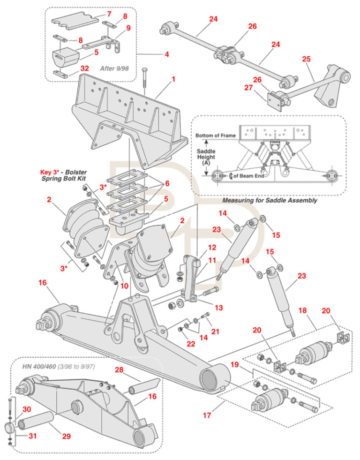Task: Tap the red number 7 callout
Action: tap(109, 14)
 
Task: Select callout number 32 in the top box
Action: tap(84, 68)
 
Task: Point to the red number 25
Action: tap(307, 60)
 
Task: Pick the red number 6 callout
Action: tap(167, 183)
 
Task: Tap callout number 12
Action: tap(212, 247)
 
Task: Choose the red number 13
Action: tap(218, 308)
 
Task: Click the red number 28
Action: tap(120, 370)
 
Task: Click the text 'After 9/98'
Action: tap(114, 68)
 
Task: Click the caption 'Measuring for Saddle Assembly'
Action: tap(270, 200)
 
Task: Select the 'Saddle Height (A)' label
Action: tap(206, 157)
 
